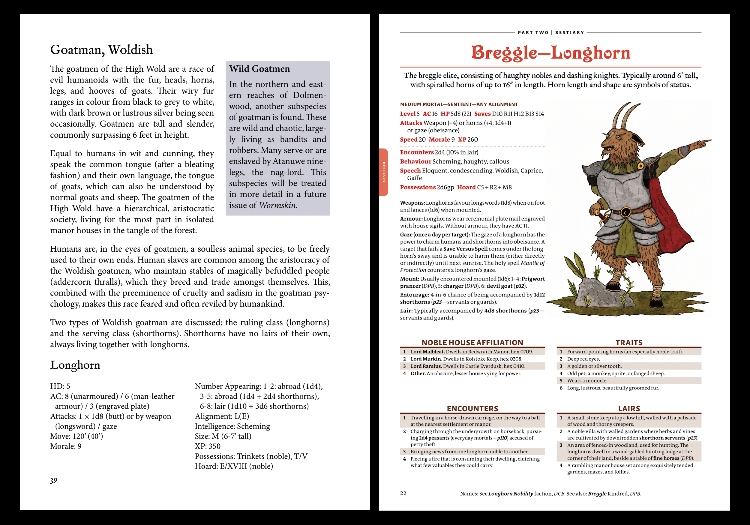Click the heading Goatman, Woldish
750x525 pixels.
click(101, 50)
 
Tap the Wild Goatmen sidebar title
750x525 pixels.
click(259, 69)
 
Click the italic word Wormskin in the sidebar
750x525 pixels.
click(278, 205)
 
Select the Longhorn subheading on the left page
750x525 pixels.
click(75, 365)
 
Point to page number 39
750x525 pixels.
click(54, 480)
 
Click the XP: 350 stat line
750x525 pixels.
click(208, 446)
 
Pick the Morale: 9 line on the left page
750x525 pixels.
click(66, 446)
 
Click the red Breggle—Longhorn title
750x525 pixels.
click(550, 53)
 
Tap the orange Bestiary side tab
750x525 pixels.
click(384, 172)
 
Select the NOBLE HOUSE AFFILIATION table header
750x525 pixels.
click(472, 342)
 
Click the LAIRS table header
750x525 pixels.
click(629, 408)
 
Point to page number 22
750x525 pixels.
click(403, 493)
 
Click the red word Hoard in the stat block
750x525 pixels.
click(466, 187)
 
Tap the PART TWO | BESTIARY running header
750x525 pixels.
click(551, 33)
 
